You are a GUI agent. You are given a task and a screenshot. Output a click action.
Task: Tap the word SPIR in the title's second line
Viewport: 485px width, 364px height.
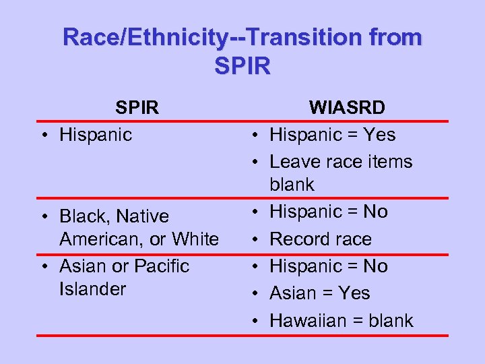[x=243, y=66]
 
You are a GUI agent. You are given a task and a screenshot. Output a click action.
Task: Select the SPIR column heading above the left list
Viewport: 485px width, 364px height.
[x=136, y=108]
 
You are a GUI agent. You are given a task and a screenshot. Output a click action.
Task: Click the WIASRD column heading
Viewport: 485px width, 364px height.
[x=347, y=108]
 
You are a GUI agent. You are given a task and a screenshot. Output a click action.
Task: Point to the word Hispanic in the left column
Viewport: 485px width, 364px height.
[x=96, y=135]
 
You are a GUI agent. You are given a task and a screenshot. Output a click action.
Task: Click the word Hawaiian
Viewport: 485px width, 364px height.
[x=308, y=320]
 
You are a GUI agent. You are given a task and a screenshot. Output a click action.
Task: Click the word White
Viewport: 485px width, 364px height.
[x=195, y=239]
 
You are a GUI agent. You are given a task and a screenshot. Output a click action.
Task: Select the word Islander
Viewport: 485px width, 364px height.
[x=92, y=289]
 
